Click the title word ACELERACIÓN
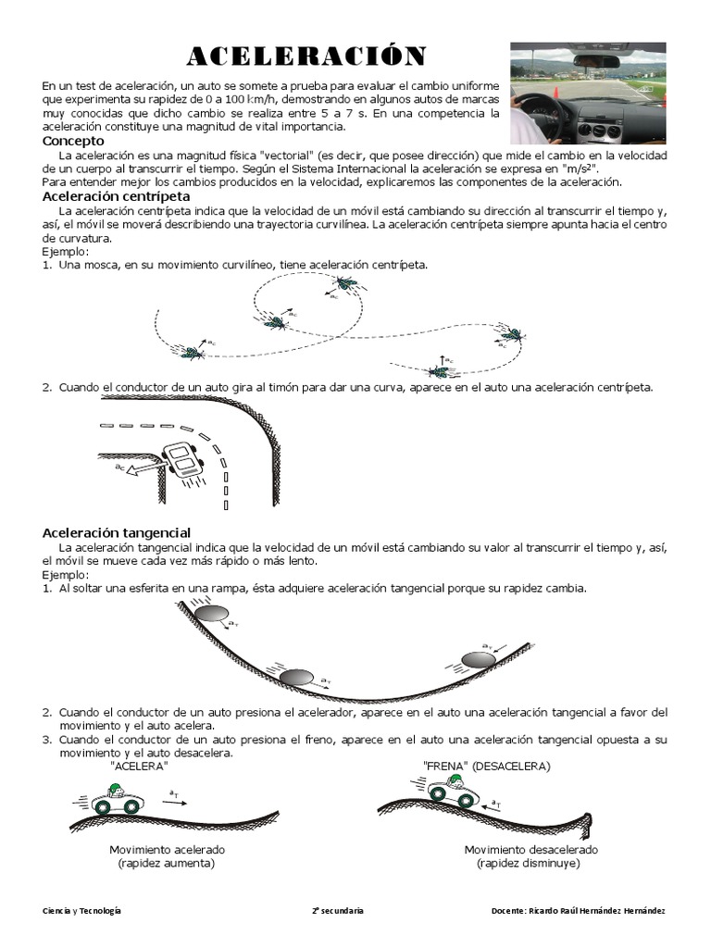(306, 57)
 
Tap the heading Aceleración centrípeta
(117, 196)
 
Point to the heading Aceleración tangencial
(117, 532)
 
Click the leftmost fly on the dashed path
(193, 352)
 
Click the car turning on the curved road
(181, 460)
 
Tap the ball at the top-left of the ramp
(210, 613)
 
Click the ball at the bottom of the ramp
(297, 676)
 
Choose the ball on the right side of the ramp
(479, 659)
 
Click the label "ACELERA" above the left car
(138, 767)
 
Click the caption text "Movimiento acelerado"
(167, 849)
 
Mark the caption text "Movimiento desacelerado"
(530, 849)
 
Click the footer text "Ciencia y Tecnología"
(82, 911)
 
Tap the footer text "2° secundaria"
(338, 911)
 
